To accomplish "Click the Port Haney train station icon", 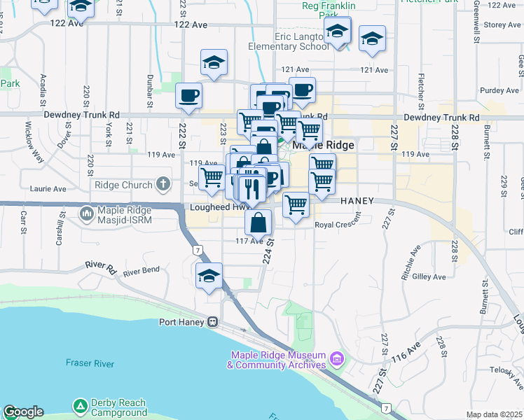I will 211,323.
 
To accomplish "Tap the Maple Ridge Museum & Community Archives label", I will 277,360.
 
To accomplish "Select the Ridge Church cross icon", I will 163,185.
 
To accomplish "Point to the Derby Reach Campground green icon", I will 81,407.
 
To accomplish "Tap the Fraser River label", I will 90,363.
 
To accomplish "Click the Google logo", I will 23,412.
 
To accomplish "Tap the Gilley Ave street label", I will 429,277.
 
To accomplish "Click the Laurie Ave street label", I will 48,189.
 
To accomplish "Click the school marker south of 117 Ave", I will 209,277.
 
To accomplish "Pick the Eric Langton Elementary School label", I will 288,41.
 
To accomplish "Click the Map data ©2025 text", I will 495,414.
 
